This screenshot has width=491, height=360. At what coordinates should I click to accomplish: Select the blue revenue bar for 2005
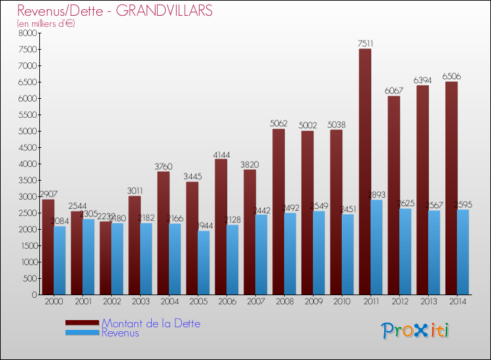click(204, 262)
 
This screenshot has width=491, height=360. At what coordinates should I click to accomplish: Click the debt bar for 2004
click(163, 233)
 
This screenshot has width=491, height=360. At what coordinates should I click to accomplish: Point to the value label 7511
click(365, 44)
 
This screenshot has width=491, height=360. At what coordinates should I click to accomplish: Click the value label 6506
click(450, 77)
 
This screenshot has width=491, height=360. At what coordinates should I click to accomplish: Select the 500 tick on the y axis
click(30, 278)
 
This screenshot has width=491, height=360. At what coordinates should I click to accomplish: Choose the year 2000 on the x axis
click(54, 302)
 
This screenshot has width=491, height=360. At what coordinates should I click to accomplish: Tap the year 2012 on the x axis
click(399, 302)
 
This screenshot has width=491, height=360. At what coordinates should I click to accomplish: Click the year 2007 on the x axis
click(255, 302)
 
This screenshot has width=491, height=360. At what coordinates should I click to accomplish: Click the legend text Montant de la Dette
click(151, 323)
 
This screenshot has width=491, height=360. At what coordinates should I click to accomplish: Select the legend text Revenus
click(120, 333)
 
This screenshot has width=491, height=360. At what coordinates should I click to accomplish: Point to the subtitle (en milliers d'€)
click(46, 24)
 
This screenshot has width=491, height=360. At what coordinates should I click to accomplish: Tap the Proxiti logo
click(416, 331)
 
